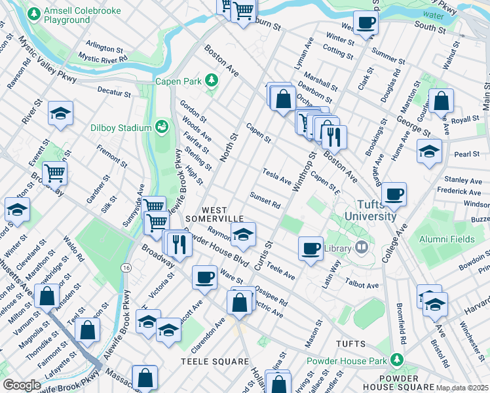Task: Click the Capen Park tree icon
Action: (x=211, y=81)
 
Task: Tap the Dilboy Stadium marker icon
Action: (x=161, y=126)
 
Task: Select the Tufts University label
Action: (x=370, y=210)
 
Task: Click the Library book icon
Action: (x=360, y=248)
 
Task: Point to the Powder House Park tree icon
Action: (x=396, y=360)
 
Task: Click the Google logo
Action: (x=22, y=385)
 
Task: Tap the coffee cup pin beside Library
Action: (x=311, y=248)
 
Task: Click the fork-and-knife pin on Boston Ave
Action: (x=335, y=136)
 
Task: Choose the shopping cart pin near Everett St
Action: (x=54, y=173)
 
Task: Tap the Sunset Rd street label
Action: (x=265, y=200)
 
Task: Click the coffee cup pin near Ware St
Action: (x=204, y=277)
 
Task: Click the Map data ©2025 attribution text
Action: (x=462, y=388)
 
